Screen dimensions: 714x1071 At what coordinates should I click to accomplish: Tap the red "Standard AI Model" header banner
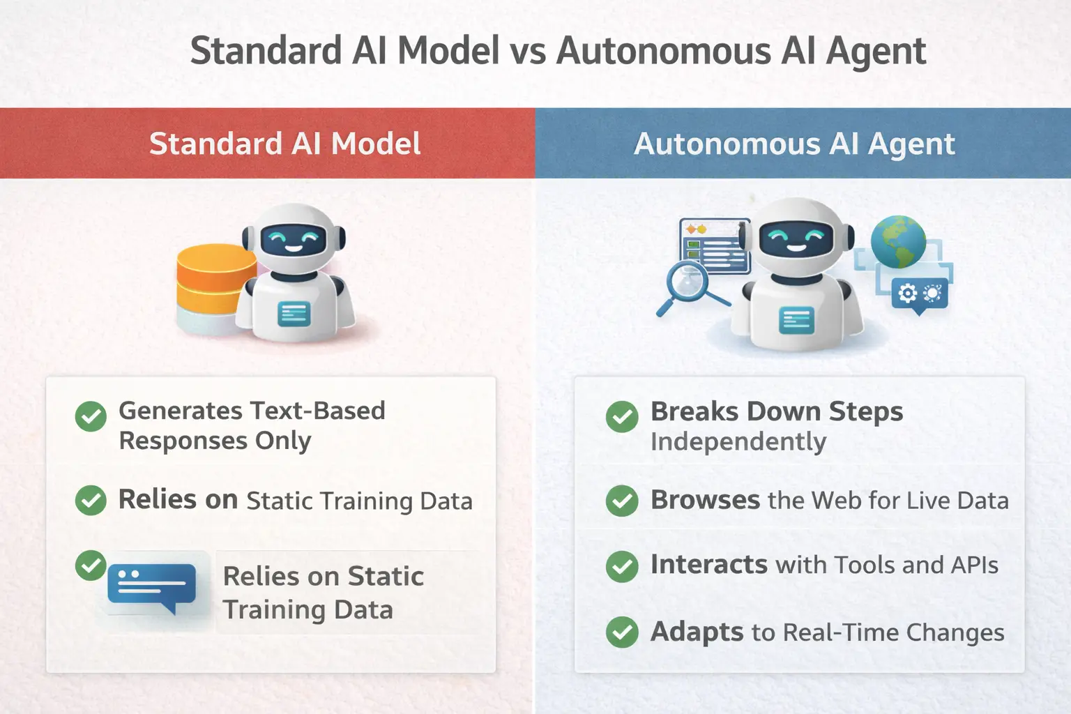click(268, 144)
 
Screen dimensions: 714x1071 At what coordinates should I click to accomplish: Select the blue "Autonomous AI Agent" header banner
click(803, 144)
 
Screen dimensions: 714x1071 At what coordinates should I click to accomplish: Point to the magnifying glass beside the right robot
click(688, 286)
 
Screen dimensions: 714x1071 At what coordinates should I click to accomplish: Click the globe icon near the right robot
click(898, 241)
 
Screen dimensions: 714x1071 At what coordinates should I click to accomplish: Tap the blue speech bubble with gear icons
click(920, 294)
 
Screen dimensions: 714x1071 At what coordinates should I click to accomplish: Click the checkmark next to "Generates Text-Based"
click(91, 416)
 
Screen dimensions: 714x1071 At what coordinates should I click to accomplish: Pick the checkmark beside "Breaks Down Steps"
click(622, 417)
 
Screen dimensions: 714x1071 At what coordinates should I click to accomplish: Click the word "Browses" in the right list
click(705, 500)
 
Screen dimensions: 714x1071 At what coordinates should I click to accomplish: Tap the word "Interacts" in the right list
click(708, 564)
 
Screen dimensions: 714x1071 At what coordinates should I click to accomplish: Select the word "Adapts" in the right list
click(697, 632)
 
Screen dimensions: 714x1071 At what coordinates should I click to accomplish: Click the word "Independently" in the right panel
click(738, 441)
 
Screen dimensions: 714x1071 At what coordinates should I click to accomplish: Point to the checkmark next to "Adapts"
click(622, 632)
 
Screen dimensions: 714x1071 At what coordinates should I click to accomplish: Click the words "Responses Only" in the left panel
click(215, 441)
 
